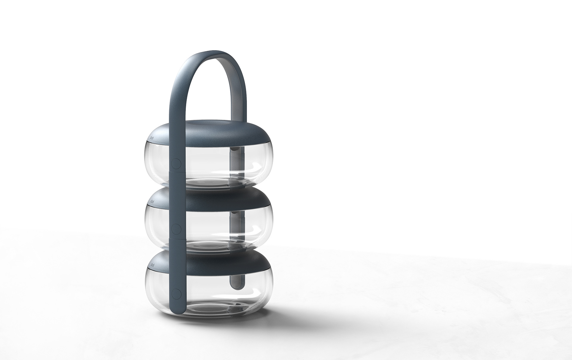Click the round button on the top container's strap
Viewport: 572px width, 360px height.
pos(176,163)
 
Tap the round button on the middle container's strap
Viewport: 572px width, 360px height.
pos(176,229)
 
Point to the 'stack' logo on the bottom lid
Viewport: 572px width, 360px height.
pos(152,265)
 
